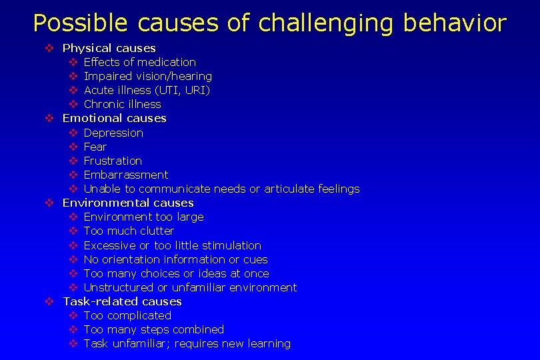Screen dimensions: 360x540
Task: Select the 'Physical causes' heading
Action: (109, 48)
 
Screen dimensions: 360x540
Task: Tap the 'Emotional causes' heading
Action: (114, 118)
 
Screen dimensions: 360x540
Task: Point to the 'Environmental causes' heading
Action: (127, 203)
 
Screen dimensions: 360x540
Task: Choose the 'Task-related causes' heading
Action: (122, 301)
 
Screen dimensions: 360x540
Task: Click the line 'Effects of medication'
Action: (139, 62)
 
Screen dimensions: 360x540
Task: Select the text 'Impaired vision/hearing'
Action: (147, 76)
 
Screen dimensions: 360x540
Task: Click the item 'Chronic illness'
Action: (122, 104)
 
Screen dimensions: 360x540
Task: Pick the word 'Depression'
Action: (113, 133)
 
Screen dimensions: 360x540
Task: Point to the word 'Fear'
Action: (95, 147)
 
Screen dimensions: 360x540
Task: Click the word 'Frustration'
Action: (113, 161)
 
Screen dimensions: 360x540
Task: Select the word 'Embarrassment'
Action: (126, 175)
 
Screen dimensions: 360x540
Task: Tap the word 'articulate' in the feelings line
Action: (289, 189)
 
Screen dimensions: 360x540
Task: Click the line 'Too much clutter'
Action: (129, 231)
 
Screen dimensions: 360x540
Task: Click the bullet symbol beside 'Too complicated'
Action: (73, 315)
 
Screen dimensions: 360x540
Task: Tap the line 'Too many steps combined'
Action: (153, 329)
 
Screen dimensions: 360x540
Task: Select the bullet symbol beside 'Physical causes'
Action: (49, 48)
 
